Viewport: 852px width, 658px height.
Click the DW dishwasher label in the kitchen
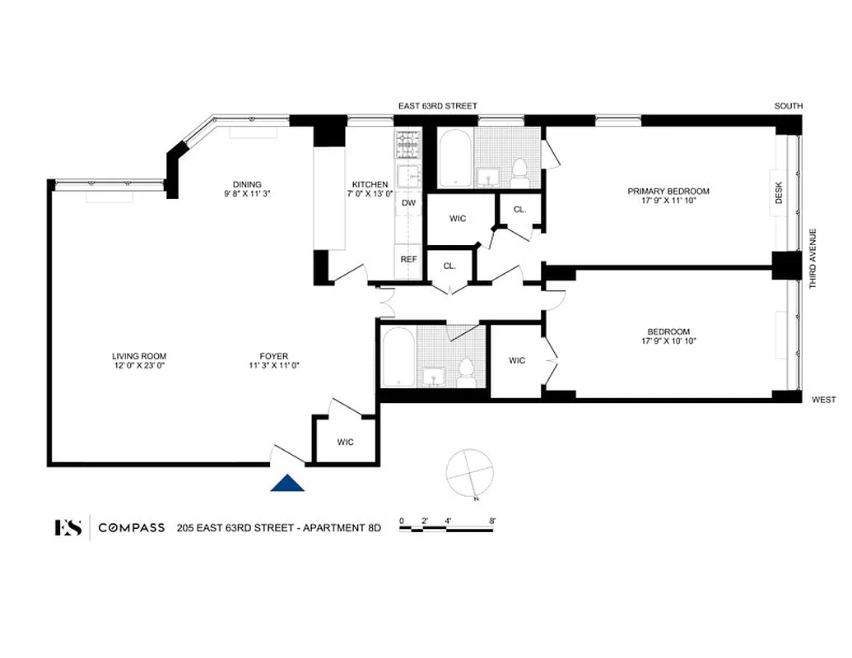pos(408,202)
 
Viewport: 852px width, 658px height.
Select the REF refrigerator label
pos(408,258)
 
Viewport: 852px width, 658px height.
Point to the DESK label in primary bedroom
pos(780,193)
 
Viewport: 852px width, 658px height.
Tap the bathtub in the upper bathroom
pos(455,160)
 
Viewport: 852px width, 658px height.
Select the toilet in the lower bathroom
pos(466,372)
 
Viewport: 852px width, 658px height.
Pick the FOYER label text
pos(273,356)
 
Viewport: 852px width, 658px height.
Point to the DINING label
pos(247,184)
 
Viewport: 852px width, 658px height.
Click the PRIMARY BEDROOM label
pos(668,192)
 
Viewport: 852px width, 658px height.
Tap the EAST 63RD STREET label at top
pos(438,106)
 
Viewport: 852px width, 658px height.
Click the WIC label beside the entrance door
pos(346,443)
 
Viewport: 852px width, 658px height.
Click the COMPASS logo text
pos(132,528)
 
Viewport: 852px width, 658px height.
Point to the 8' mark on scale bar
pos(492,521)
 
